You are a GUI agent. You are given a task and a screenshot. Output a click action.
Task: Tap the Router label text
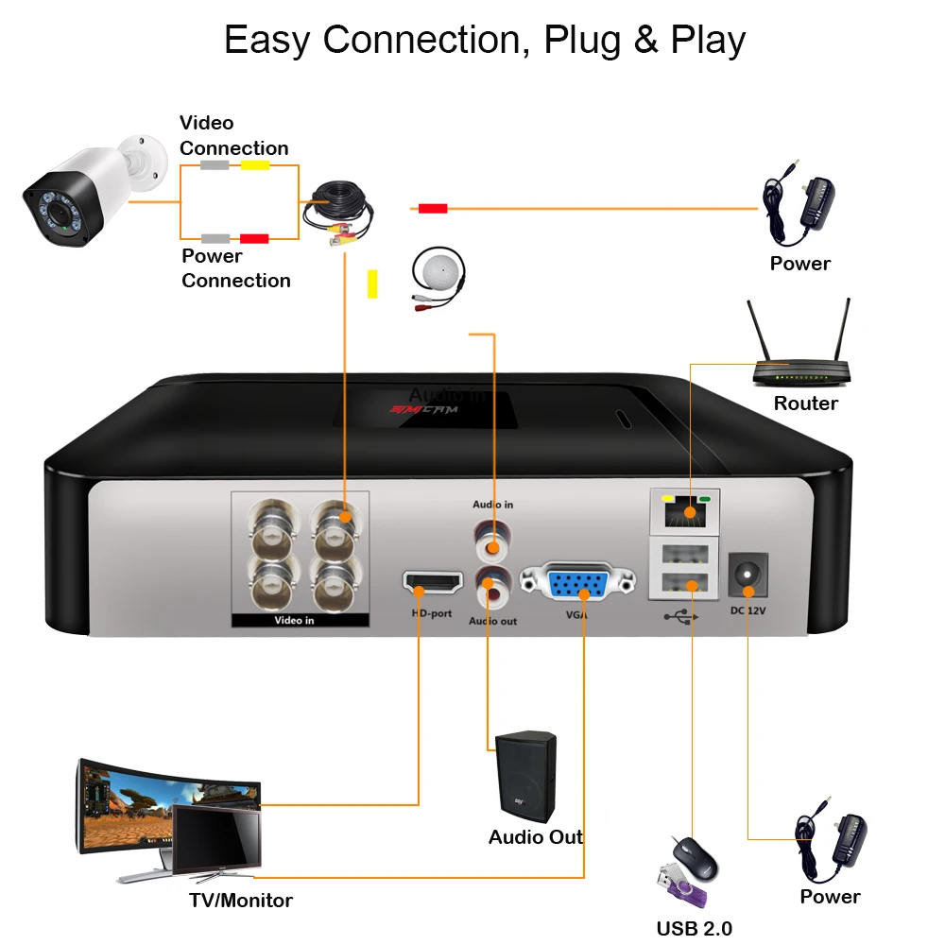coord(805,404)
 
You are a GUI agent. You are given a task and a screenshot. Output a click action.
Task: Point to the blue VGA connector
coord(577,585)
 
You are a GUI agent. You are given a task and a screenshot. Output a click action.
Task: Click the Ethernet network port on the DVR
coord(686,511)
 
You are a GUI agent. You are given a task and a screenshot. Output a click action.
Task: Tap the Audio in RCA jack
coord(491,542)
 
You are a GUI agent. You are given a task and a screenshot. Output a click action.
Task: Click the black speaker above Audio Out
coord(526,775)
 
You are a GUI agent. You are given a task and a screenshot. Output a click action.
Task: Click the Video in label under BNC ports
coord(294,621)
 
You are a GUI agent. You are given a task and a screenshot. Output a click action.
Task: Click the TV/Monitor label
coord(241,901)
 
